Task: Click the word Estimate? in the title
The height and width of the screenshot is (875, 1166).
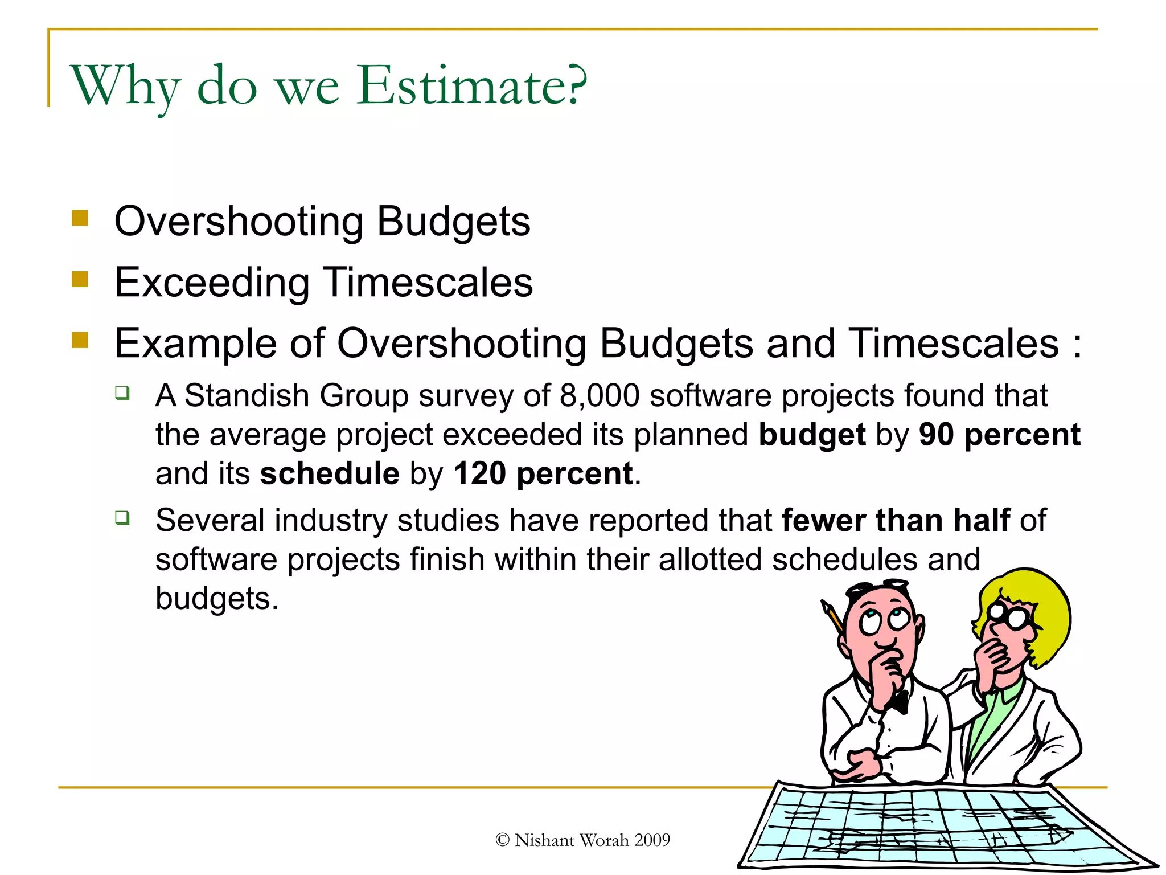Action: pos(471,85)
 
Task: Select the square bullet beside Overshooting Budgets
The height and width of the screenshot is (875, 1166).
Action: pos(80,219)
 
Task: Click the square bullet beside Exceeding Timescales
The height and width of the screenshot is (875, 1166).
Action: pos(80,280)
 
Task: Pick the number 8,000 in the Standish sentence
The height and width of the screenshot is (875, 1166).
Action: pos(600,395)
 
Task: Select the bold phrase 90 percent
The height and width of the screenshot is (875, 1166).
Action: pos(999,435)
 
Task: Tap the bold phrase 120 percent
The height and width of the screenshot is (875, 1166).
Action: pos(543,473)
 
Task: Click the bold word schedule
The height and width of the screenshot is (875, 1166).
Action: pos(330,473)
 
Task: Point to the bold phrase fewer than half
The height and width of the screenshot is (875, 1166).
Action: pos(896,520)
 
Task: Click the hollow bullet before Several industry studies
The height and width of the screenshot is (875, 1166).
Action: pos(122,517)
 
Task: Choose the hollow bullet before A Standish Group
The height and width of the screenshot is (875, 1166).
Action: pos(122,392)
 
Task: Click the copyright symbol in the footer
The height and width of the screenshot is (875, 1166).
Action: pos(502,840)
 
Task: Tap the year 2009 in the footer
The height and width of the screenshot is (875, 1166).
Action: pos(652,840)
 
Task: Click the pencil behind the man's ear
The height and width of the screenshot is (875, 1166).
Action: pos(832,617)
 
